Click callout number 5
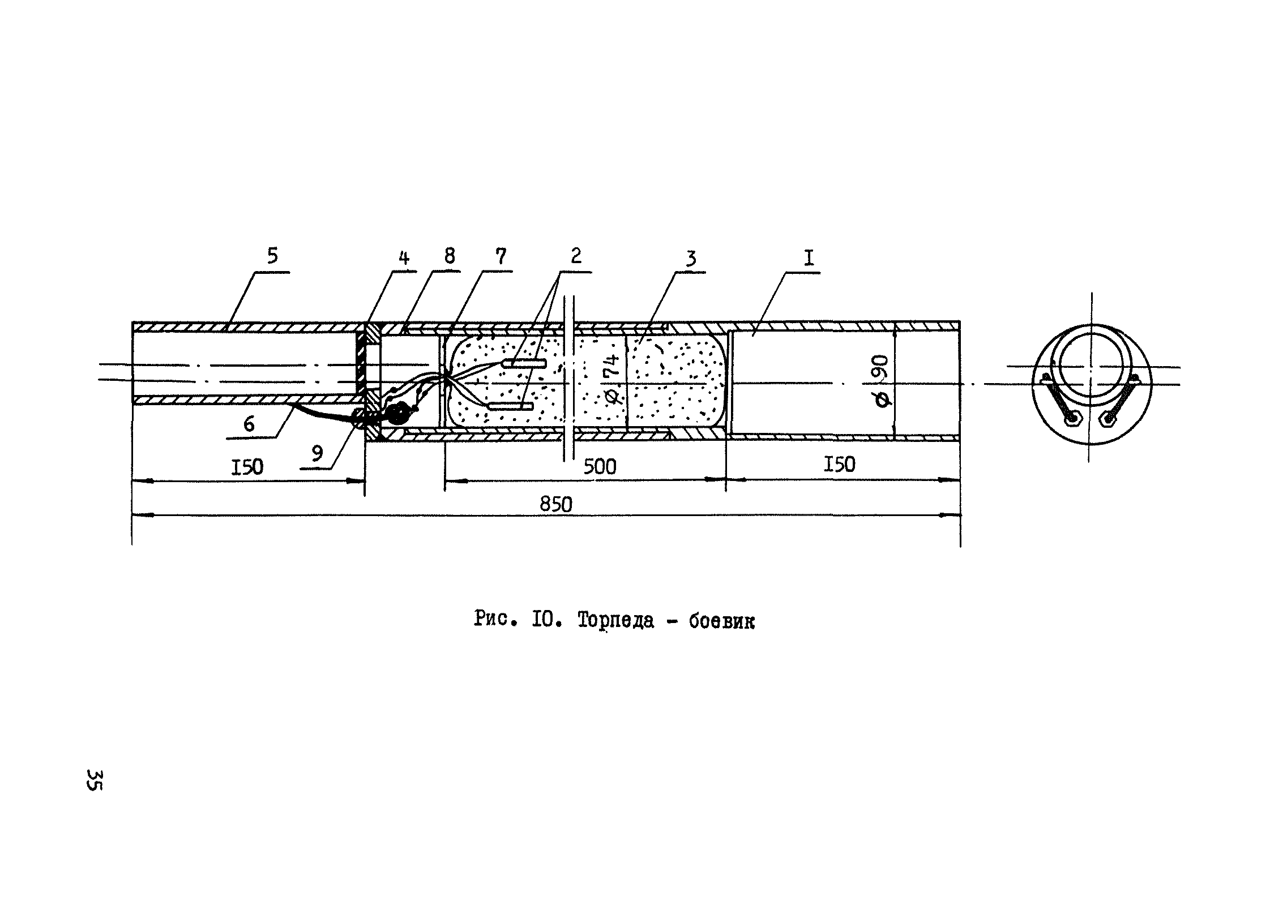(272, 256)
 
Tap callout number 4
(403, 259)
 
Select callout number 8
(449, 256)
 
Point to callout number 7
(501, 256)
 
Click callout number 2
(575, 256)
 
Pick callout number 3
(690, 259)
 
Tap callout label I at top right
(809, 259)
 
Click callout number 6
(249, 424)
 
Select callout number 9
(317, 453)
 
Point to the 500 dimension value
(600, 467)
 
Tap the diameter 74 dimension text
(613, 376)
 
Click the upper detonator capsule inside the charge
(524, 363)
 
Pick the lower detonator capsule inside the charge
(510, 406)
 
